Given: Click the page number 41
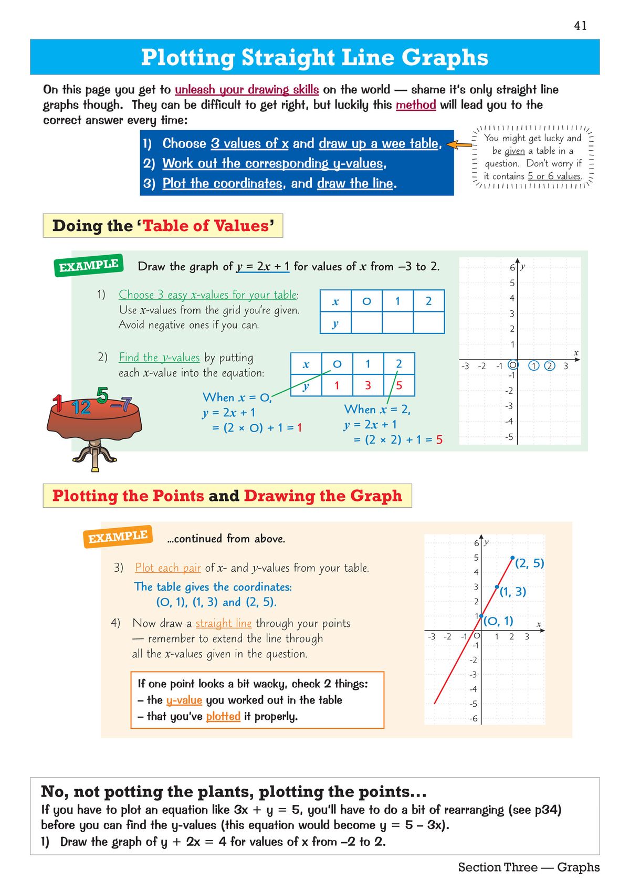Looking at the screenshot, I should click(x=580, y=25).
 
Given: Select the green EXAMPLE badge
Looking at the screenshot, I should click(x=88, y=265).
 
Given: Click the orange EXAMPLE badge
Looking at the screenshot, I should click(x=118, y=537).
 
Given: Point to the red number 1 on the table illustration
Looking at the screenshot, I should click(x=58, y=403).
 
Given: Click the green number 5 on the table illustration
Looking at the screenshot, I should click(x=102, y=395).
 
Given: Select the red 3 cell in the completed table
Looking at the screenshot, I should click(x=368, y=385).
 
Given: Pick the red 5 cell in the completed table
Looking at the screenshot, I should click(x=399, y=385).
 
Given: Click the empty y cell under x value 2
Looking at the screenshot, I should click(x=428, y=323).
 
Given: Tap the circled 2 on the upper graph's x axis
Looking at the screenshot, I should click(x=549, y=366).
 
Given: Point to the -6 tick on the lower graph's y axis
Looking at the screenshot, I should click(x=474, y=718).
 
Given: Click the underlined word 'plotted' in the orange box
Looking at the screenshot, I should click(x=223, y=716).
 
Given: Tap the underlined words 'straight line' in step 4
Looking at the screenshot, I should click(x=224, y=623).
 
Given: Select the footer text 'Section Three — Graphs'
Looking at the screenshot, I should click(x=528, y=867).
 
